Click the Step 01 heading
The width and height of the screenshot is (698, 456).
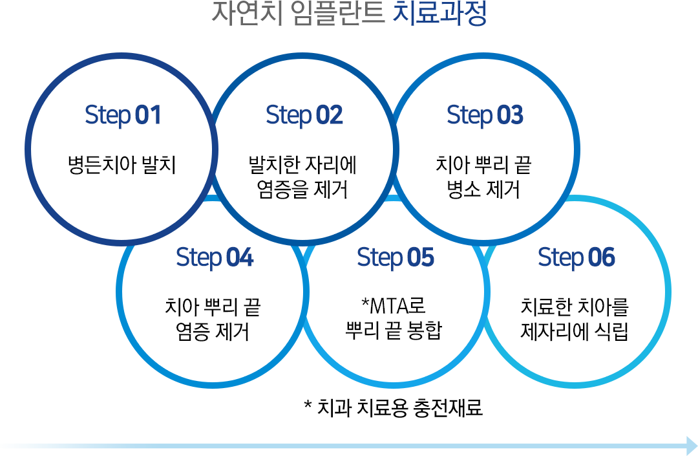pyautogui.click(x=123, y=116)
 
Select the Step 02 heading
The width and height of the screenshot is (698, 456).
pyautogui.click(x=304, y=116)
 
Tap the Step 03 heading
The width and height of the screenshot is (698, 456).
pyautogui.click(x=485, y=116)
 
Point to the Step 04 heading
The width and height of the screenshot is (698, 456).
pyautogui.click(x=215, y=258)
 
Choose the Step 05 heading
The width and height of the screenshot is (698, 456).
pyautogui.click(x=396, y=258)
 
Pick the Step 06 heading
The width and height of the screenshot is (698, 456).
pyautogui.click(x=576, y=258)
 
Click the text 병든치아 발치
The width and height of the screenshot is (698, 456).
pyautogui.click(x=122, y=165)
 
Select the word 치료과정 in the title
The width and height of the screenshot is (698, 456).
pyautogui.click(x=440, y=14)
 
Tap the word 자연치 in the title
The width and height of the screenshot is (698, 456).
pyautogui.click(x=248, y=14)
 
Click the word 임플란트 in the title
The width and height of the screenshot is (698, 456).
pyautogui.click(x=338, y=14)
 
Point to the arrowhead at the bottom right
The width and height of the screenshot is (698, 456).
pyautogui.click(x=692, y=446)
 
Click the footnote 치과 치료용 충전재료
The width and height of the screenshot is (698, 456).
pyautogui.click(x=400, y=407)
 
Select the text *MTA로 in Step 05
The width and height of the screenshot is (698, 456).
pyautogui.click(x=394, y=305)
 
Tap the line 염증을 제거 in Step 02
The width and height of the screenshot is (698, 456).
pyautogui.click(x=302, y=190)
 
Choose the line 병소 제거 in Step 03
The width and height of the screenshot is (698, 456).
pyautogui.click(x=483, y=190)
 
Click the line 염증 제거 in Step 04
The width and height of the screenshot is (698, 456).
pyautogui.click(x=213, y=332)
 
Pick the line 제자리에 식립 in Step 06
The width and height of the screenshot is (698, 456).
pyautogui.click(x=575, y=332)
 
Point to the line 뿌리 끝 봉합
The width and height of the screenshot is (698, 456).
pyautogui.click(x=394, y=331)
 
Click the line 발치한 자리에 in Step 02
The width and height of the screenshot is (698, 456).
pyautogui.click(x=302, y=165)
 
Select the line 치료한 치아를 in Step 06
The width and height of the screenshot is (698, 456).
pyautogui.click(x=575, y=307)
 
